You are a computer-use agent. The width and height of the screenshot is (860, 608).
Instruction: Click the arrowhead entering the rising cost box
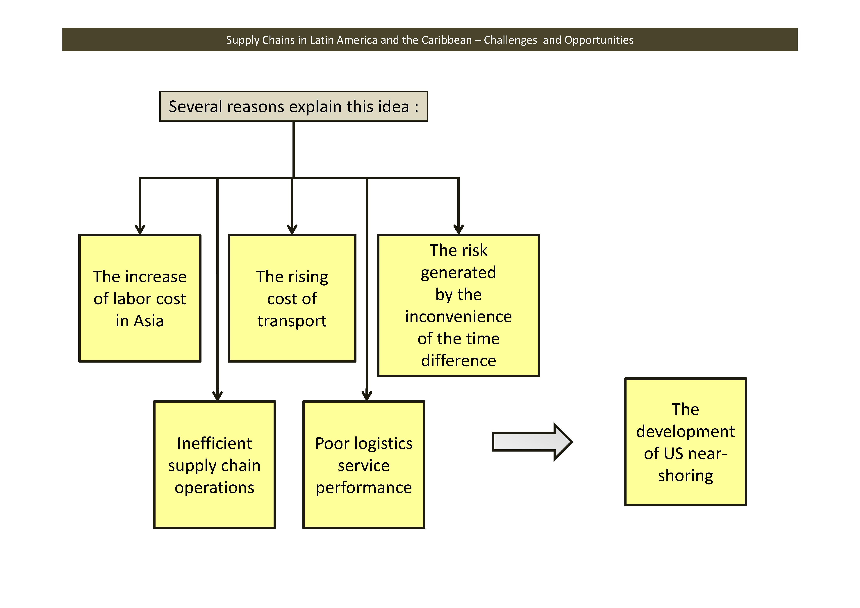click(x=292, y=229)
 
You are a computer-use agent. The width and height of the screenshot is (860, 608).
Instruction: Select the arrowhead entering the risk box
click(x=458, y=229)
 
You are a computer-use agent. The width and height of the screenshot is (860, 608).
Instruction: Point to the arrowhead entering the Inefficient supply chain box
click(x=217, y=396)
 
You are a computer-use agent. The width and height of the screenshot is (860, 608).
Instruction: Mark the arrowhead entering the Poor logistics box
click(x=367, y=396)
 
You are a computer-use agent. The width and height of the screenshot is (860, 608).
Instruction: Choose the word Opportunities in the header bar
click(x=599, y=40)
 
